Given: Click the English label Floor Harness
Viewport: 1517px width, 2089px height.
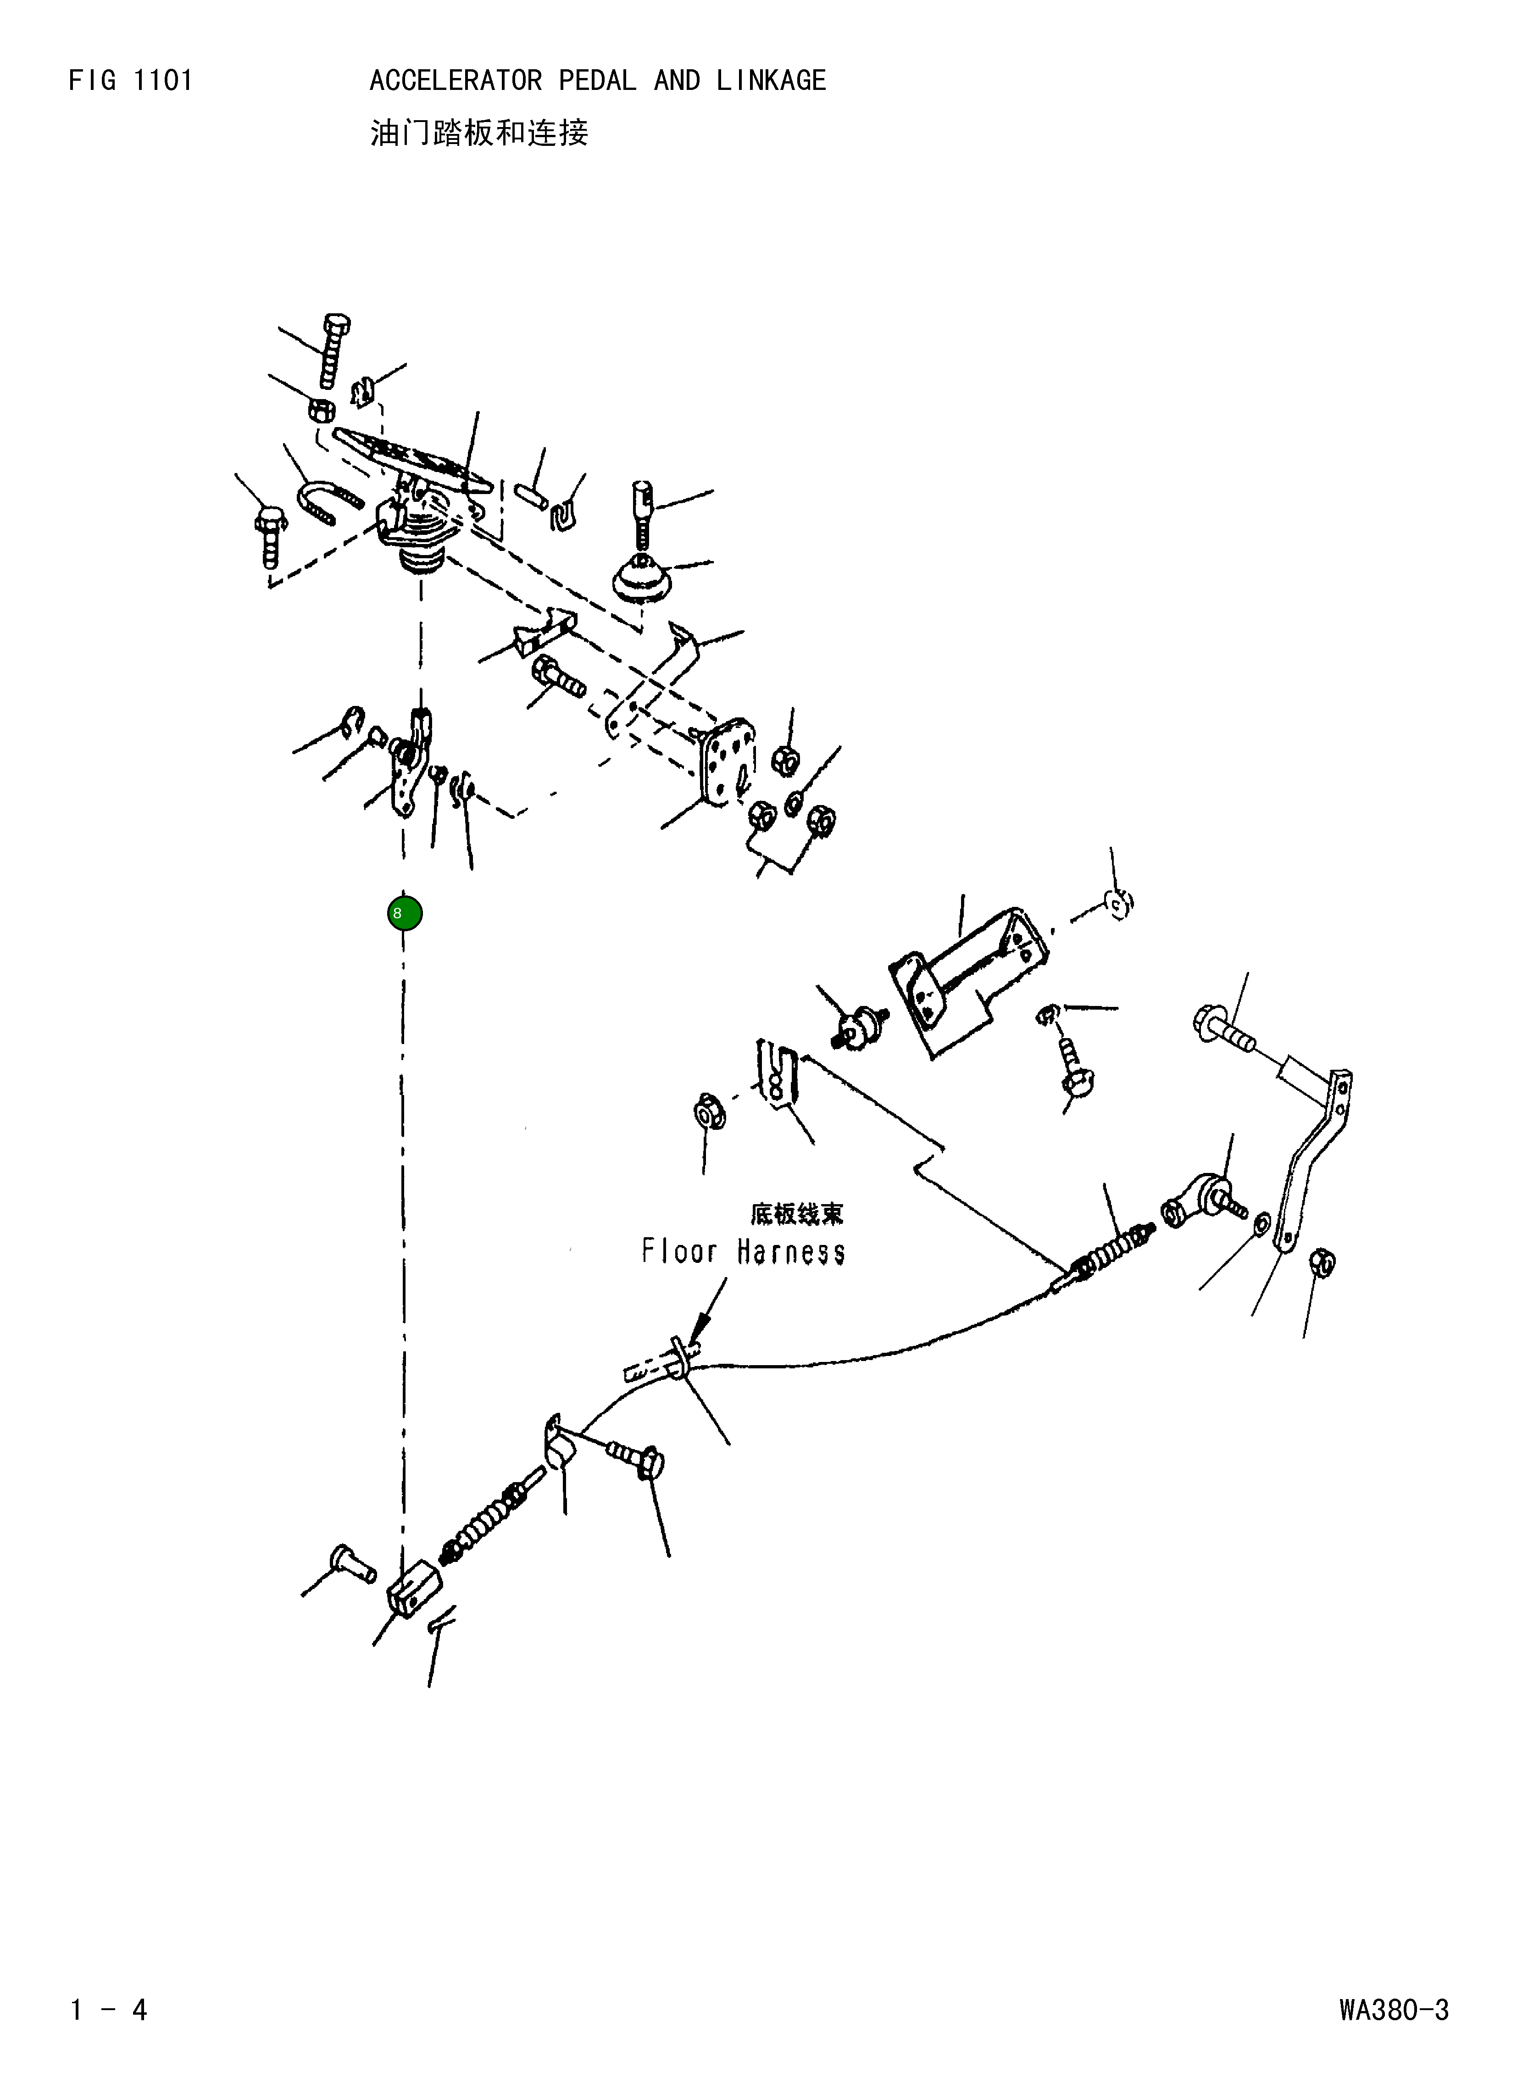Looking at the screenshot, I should click(742, 1252).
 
